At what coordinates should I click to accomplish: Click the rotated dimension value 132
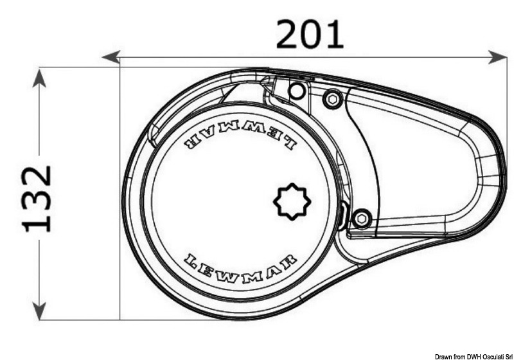point(38,197)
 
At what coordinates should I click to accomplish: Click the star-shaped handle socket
point(292,202)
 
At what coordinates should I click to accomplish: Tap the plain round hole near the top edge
point(296,91)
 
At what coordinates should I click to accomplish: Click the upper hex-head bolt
point(332,99)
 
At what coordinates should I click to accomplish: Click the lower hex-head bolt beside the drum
point(362,219)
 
